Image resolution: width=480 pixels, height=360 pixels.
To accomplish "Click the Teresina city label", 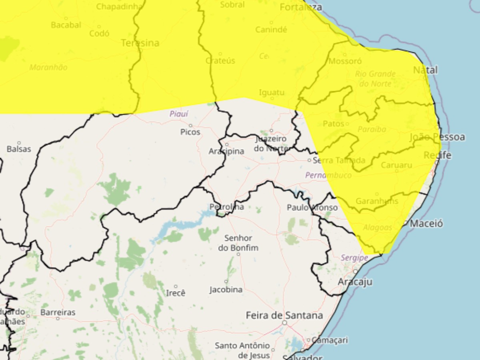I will (140, 43).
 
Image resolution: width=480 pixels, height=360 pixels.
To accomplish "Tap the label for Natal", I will (426, 70).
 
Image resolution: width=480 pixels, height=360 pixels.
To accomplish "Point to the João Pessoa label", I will (437, 137).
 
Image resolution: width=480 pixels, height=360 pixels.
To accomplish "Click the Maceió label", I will (426, 224).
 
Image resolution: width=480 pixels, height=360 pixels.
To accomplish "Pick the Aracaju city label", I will (355, 282).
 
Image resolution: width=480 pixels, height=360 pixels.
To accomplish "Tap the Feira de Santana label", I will (284, 315).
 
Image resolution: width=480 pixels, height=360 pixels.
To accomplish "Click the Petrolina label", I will (227, 207).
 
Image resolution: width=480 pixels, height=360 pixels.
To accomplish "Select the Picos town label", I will (190, 132).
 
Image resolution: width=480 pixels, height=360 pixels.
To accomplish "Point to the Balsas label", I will (19, 149).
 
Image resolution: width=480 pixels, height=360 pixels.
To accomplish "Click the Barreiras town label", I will (58, 312).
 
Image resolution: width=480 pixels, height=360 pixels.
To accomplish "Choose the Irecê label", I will (176, 293).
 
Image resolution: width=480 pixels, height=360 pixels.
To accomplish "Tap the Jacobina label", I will (226, 290).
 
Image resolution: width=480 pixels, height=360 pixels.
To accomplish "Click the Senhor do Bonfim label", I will (238, 243).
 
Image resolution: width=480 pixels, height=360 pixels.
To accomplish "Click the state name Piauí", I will (178, 114).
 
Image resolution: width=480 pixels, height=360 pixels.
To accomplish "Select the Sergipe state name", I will (354, 258).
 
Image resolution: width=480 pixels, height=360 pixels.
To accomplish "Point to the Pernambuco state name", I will (328, 175).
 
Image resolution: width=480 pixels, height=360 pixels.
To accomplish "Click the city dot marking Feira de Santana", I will (285, 322).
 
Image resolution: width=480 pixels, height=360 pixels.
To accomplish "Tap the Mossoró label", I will (345, 61).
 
